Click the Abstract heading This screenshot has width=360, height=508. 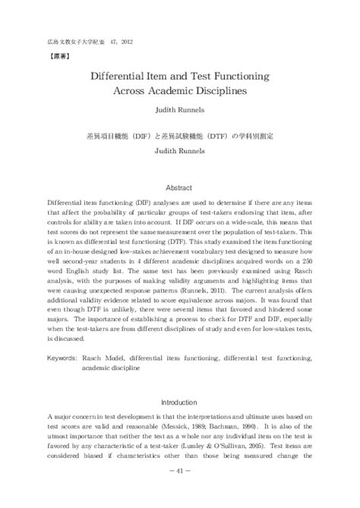coord(180,187)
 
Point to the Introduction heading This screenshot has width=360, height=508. coord(180,402)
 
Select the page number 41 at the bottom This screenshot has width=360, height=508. coord(180,492)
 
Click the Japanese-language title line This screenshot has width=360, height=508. coord(180,138)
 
